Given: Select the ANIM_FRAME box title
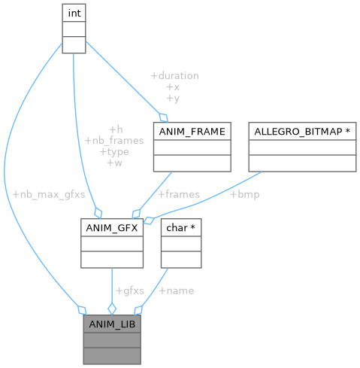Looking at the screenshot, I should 191,132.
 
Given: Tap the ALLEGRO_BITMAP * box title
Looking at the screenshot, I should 302,132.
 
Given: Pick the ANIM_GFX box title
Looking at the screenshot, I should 112,228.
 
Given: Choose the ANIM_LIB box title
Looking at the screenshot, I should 112,324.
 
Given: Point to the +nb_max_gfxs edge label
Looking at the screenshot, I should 49,194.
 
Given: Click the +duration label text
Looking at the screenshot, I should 174,76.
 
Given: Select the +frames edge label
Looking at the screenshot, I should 178,194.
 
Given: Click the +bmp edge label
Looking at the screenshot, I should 244,194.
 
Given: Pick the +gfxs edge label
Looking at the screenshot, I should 129,290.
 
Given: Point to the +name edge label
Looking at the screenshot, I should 176,290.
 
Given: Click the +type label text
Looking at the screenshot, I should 113,151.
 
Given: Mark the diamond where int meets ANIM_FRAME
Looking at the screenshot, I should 163,117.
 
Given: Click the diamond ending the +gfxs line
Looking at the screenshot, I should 112,309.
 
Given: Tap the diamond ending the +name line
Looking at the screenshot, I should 138,309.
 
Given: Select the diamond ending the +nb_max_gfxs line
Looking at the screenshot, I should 82,309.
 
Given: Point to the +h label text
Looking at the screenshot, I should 116,129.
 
